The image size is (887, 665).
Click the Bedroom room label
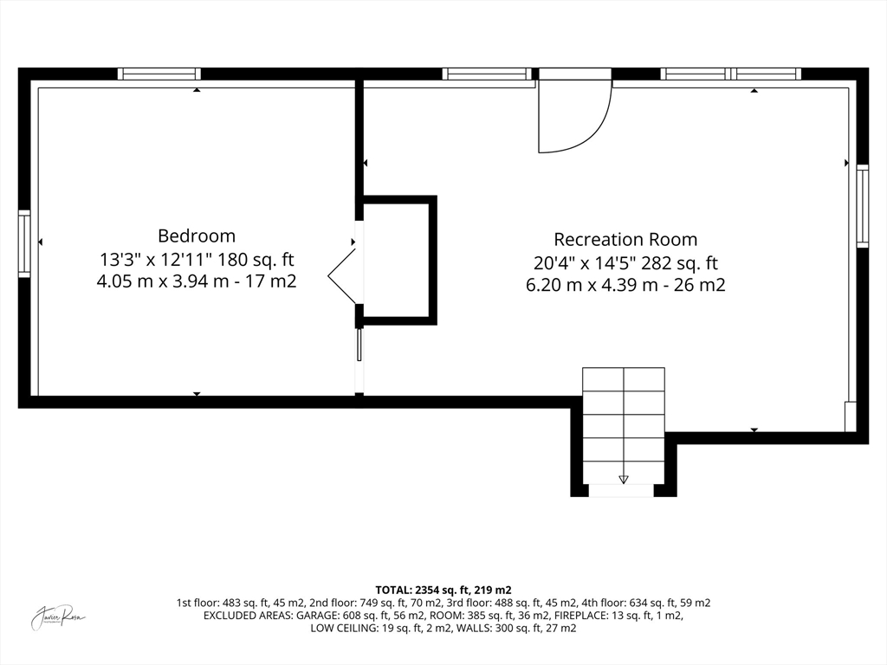(x=197, y=236)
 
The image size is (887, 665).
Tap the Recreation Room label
(x=625, y=239)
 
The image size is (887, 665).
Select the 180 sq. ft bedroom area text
(x=257, y=260)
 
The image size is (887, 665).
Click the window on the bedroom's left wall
(x=24, y=243)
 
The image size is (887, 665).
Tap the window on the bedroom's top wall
(x=159, y=74)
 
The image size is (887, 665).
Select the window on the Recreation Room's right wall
(x=862, y=206)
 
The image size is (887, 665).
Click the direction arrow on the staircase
(x=624, y=480)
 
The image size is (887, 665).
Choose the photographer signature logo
(x=58, y=617)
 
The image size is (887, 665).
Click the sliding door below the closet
(x=359, y=345)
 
